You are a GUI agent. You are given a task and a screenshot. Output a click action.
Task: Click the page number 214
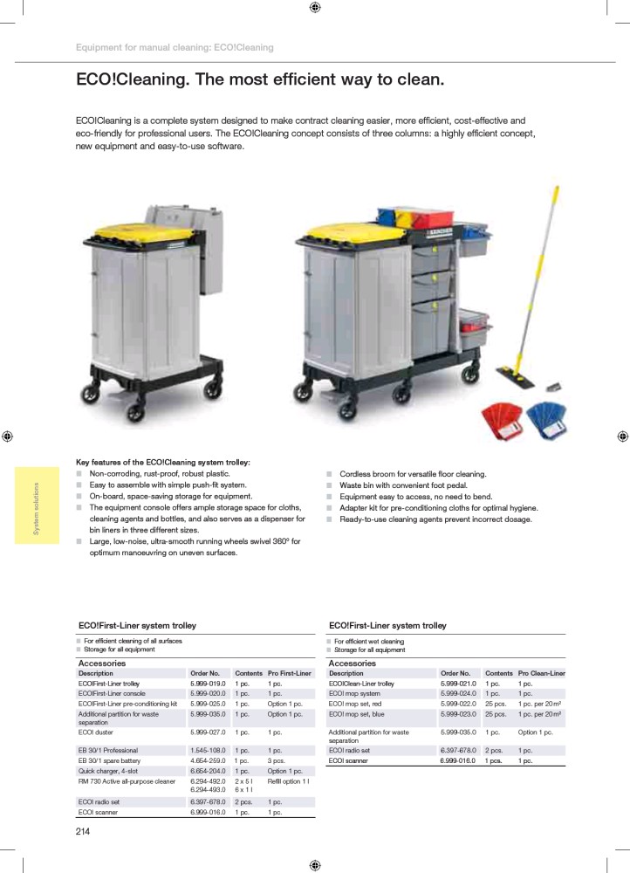pyautogui.click(x=83, y=831)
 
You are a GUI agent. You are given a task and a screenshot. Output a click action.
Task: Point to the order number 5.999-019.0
pyautogui.click(x=208, y=684)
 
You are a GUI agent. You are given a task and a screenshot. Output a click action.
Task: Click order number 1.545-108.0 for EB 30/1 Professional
pyautogui.click(x=208, y=751)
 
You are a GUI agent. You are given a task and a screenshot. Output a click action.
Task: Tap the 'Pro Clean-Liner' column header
pyautogui.click(x=541, y=674)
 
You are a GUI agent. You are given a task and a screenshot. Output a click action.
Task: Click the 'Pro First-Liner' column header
pyautogui.click(x=290, y=674)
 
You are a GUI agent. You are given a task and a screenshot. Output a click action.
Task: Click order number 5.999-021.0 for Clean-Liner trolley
pyautogui.click(x=458, y=684)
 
